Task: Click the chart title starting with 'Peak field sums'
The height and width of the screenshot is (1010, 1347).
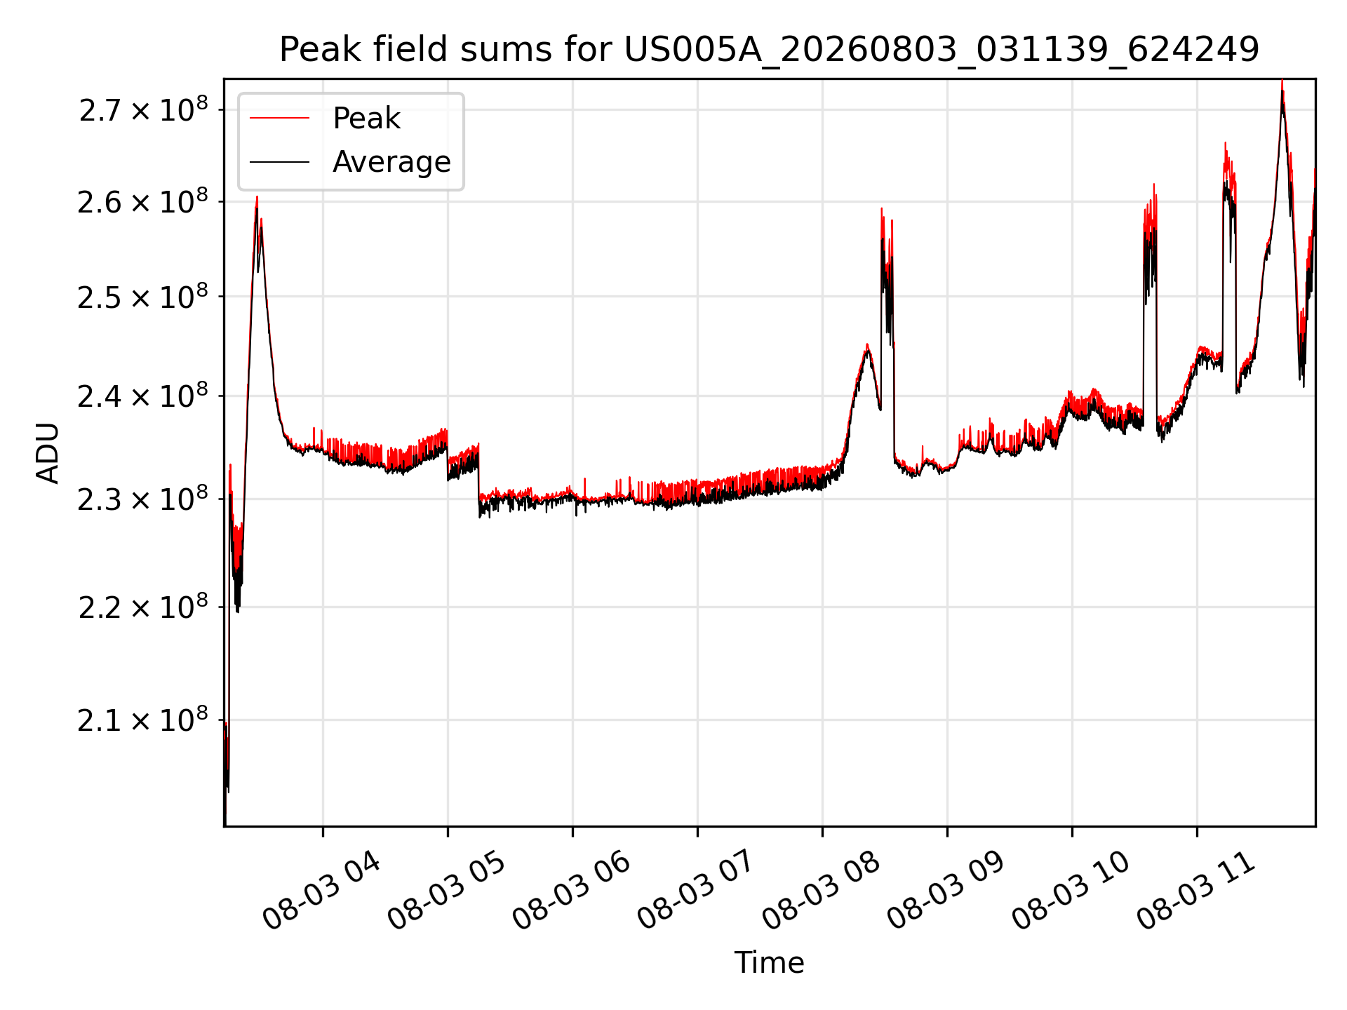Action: tap(769, 49)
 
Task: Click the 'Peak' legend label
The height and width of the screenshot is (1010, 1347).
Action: tap(366, 119)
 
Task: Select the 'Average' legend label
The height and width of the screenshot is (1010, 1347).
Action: tap(391, 162)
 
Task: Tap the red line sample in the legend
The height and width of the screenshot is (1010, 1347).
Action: tap(279, 118)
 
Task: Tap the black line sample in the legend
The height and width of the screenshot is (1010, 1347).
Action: tap(279, 162)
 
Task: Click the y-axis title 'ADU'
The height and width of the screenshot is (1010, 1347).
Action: tap(48, 452)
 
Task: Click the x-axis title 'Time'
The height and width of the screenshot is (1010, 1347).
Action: tap(769, 962)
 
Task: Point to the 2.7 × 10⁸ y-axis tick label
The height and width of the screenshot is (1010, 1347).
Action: tap(143, 110)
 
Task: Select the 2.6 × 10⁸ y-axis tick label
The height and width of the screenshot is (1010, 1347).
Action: tap(143, 202)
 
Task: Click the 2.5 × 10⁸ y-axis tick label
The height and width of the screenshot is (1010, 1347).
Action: tap(143, 297)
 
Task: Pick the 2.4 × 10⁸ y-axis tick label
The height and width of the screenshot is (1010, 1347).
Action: tap(143, 396)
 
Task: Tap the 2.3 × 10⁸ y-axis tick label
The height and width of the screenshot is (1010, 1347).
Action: tap(143, 499)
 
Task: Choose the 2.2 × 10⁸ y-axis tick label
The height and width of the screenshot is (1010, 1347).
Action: tap(143, 607)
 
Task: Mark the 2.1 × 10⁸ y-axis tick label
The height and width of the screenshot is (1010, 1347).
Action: tap(143, 720)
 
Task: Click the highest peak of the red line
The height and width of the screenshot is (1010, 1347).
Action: tap(1282, 81)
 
